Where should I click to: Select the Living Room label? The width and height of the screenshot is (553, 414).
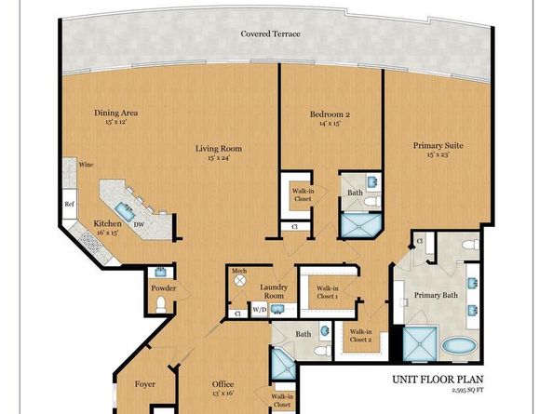(x=218, y=148)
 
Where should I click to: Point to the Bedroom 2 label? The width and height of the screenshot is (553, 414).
(x=330, y=115)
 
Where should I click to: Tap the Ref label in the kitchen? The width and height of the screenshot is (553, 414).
(x=70, y=202)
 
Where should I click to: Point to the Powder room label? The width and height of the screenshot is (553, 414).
(x=163, y=287)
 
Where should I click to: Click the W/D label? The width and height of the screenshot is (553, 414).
(x=259, y=311)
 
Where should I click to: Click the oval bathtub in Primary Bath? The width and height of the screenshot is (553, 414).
(x=457, y=346)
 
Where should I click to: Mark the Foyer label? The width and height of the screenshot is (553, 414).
(x=143, y=383)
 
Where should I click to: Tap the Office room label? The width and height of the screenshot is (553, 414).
(x=222, y=384)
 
